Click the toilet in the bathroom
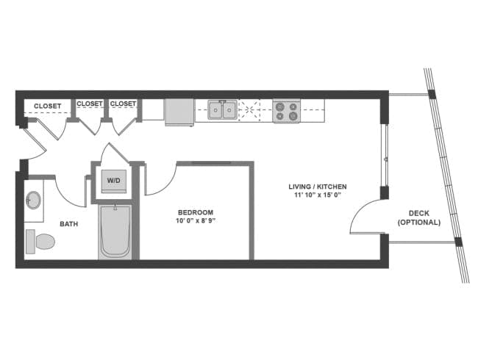click(40, 240)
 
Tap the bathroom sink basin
click(33, 200)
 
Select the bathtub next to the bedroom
click(115, 231)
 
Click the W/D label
click(114, 181)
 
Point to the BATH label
click(69, 224)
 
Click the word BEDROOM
click(195, 212)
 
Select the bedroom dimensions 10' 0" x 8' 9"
click(195, 220)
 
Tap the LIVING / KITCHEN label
click(317, 187)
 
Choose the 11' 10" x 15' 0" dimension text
click(317, 195)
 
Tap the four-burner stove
click(286, 111)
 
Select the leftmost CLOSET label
click(47, 106)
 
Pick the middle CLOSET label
click(90, 104)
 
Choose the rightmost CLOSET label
click(123, 104)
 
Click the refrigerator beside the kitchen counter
click(179, 112)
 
